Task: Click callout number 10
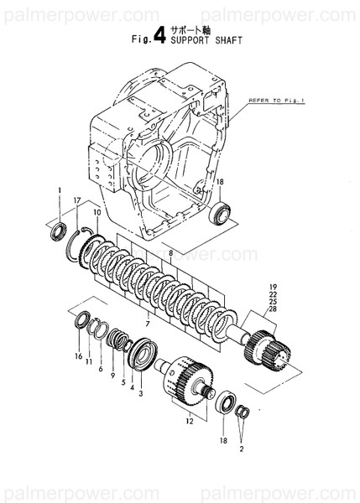97,215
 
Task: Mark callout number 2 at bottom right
242,449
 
